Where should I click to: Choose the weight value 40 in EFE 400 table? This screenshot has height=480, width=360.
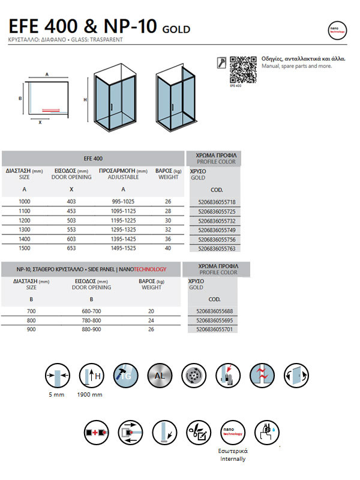pyautogui.click(x=168, y=247)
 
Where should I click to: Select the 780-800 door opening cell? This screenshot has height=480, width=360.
pyautogui.click(x=91, y=320)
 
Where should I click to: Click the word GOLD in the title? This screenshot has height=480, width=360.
pyautogui.click(x=176, y=29)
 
